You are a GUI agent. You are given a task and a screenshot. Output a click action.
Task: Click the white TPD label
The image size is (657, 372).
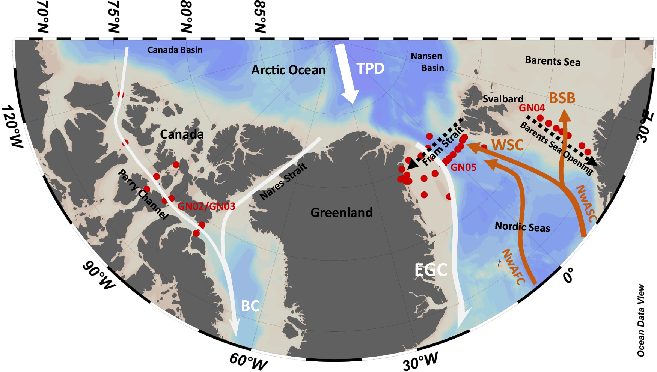click(x=370, y=69)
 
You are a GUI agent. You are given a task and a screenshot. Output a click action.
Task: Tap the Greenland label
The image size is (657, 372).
click(x=341, y=212)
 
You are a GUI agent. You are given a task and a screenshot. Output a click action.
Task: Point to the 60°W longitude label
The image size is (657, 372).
click(x=248, y=361)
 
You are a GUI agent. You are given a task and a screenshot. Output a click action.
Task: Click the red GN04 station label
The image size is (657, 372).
click(x=532, y=108)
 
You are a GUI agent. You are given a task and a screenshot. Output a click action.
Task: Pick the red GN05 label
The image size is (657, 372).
click(x=463, y=167)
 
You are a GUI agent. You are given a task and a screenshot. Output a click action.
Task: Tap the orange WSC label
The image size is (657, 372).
click(x=508, y=145)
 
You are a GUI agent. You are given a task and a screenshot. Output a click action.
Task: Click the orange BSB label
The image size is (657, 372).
click(x=562, y=98)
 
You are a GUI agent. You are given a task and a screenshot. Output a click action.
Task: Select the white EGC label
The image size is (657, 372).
click(x=431, y=270)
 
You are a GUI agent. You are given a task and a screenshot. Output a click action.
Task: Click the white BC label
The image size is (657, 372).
click(x=250, y=306)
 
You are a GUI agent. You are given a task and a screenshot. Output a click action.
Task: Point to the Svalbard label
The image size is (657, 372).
click(x=503, y=99)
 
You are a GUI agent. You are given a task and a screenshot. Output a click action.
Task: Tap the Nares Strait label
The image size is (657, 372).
click(x=283, y=181)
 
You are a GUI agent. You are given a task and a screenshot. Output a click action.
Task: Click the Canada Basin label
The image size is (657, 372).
click(x=175, y=50)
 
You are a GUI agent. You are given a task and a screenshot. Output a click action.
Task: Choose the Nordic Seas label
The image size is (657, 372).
click(x=522, y=227)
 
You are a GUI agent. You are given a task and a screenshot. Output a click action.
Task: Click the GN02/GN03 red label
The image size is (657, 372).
click(x=206, y=206)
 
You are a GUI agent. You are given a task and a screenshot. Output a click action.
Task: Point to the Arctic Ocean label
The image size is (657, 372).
click(x=288, y=70)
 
